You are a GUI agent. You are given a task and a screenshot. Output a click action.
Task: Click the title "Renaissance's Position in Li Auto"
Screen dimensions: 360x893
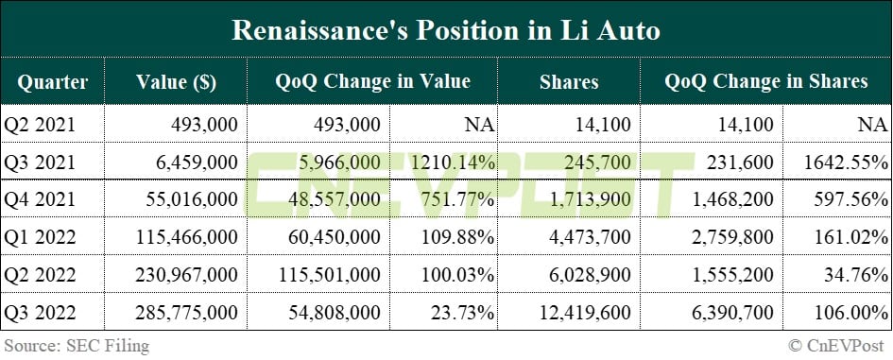point(446,29)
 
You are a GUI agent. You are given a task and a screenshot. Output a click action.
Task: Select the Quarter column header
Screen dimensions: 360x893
point(52,82)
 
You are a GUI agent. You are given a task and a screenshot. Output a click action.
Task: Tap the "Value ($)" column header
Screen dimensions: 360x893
point(176,82)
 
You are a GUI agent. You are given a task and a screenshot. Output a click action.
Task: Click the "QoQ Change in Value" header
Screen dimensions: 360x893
point(372,82)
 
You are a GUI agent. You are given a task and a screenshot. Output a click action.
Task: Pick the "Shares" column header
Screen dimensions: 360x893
point(569,82)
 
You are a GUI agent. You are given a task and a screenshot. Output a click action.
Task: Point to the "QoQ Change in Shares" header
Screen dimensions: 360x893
point(765,82)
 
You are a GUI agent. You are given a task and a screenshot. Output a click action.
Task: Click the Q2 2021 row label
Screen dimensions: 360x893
point(40,124)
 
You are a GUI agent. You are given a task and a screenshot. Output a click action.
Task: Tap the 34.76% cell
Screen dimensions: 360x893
point(853,275)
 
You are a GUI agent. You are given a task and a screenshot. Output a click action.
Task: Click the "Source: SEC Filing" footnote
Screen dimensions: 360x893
point(76,346)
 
